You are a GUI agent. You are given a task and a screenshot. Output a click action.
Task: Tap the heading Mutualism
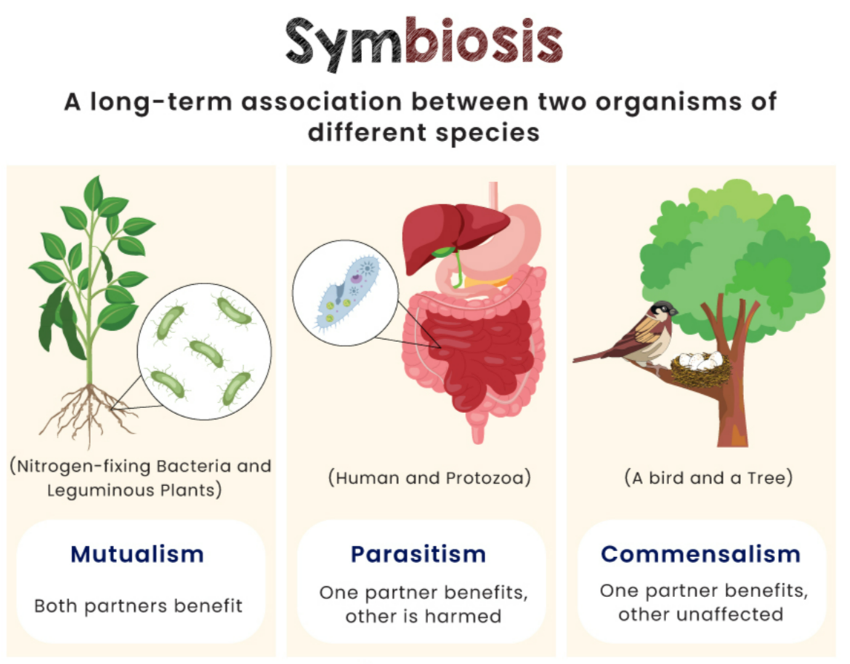137,554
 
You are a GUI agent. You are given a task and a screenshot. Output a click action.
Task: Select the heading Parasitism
418,554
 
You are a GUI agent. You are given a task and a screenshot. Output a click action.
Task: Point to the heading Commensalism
700,554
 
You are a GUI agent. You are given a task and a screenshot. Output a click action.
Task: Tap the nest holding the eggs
700,368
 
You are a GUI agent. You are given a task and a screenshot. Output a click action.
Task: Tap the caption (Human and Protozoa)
429,479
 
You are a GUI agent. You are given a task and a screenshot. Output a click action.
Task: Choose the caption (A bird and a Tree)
708,479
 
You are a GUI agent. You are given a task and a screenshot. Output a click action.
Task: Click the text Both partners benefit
138,605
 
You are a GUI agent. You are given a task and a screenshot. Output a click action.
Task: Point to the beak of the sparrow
676,311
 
